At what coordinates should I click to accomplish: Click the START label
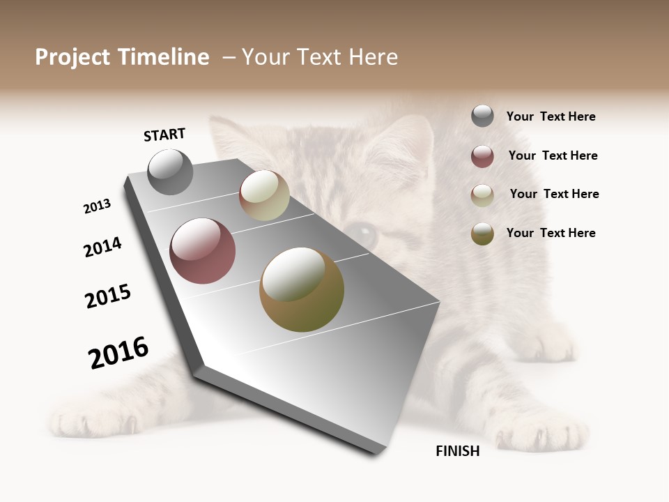pyautogui.click(x=164, y=135)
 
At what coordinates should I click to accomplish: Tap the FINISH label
pyautogui.click(x=458, y=451)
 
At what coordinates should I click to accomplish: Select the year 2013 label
pyautogui.click(x=97, y=206)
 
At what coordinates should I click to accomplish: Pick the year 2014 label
pyautogui.click(x=102, y=248)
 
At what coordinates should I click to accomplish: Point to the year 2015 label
pyautogui.click(x=108, y=296)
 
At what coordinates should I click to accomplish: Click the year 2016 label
pyautogui.click(x=118, y=353)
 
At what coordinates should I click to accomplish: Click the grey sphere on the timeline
pyautogui.click(x=170, y=172)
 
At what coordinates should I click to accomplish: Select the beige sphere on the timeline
pyautogui.click(x=264, y=196)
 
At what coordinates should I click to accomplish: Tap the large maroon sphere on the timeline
pyautogui.click(x=203, y=251)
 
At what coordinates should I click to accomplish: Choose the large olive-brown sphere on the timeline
pyautogui.click(x=302, y=289)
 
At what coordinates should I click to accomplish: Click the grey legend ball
pyautogui.click(x=482, y=116)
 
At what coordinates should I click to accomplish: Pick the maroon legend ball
pyautogui.click(x=482, y=156)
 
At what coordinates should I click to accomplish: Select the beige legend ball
pyautogui.click(x=482, y=195)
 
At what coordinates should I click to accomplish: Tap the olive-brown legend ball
pyautogui.click(x=482, y=234)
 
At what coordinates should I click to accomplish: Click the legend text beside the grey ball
pyautogui.click(x=551, y=116)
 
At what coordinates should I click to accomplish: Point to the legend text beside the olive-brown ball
pyautogui.click(x=551, y=233)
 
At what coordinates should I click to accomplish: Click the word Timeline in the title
pyautogui.click(x=163, y=57)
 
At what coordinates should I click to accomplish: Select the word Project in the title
pyautogui.click(x=72, y=57)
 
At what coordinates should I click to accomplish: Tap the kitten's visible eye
pyautogui.click(x=362, y=234)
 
